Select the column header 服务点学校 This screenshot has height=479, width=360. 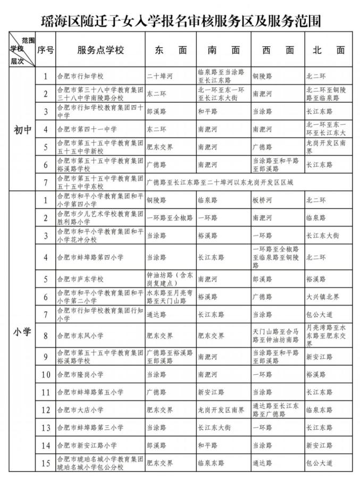(x=101, y=50)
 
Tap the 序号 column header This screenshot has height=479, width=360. (x=45, y=50)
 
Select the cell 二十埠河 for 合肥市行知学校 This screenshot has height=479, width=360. (x=160, y=75)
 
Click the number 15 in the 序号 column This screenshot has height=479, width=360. (x=45, y=463)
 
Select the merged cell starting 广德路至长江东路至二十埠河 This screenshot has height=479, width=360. (x=219, y=182)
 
